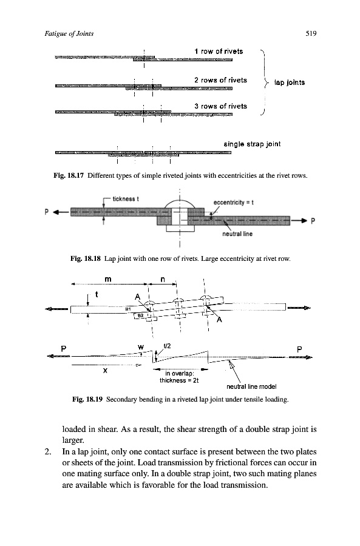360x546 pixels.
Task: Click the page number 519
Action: pos(311,33)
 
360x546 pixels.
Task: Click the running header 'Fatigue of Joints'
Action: pos(69,34)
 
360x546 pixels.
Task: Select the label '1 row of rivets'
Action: pos(219,51)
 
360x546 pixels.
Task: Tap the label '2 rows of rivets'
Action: pos(220,80)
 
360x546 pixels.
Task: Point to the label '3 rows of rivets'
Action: pos(220,106)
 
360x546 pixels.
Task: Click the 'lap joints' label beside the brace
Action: pos(290,83)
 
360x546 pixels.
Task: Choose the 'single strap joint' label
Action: pos(252,144)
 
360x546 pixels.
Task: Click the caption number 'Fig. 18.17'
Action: pos(69,175)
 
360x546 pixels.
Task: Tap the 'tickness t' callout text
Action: pos(126,199)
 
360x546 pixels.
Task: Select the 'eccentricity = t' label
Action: pos(234,202)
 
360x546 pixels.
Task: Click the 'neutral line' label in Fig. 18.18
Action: pos(237,234)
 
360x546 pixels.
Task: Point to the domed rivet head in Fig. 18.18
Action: pos(180,204)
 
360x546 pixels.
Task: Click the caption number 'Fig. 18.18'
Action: pos(86,258)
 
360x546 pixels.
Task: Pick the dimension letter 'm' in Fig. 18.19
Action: pos(108,279)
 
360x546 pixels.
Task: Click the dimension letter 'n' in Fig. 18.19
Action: pos(163,279)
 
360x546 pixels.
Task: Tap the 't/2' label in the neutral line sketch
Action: pos(168,346)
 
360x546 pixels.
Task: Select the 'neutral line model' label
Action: pos(251,386)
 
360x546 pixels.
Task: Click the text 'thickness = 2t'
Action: pos(179,380)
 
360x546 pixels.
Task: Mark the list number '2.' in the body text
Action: pos(48,451)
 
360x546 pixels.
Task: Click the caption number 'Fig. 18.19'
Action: pos(87,399)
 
